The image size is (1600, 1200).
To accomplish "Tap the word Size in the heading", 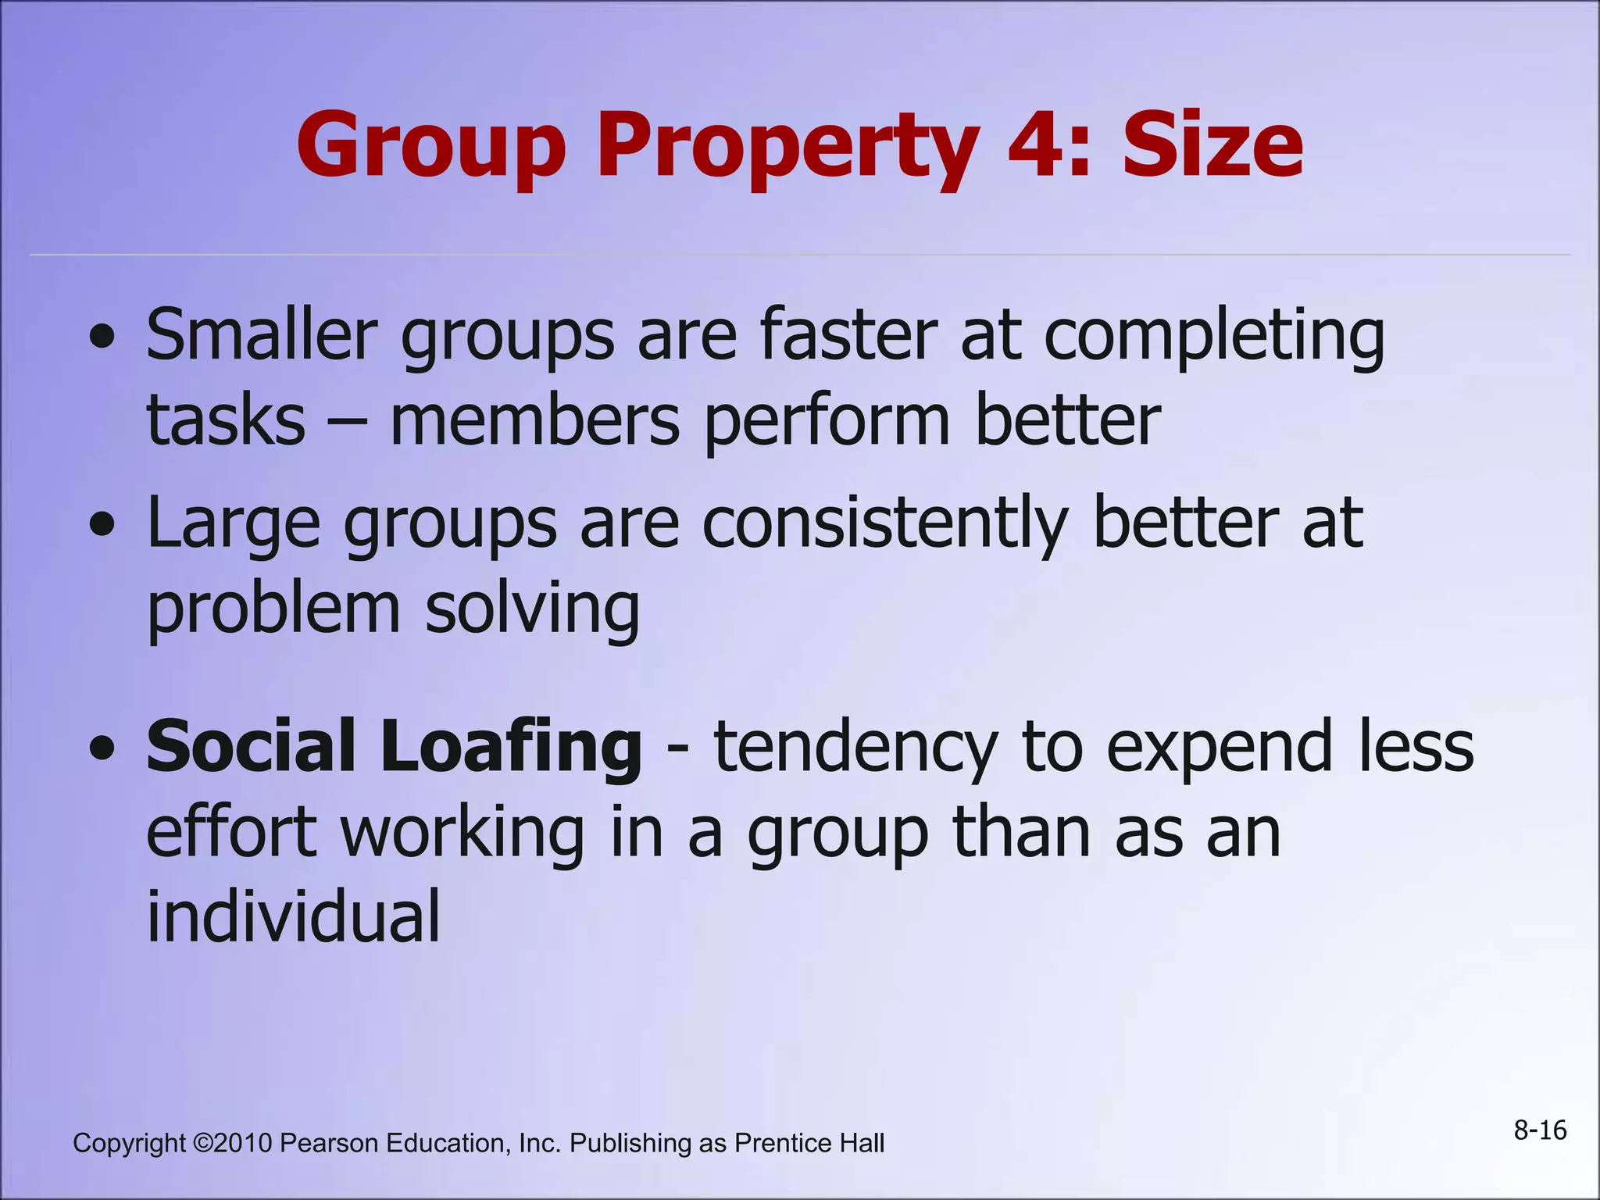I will click(1212, 145).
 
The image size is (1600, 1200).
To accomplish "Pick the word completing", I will click(1214, 337).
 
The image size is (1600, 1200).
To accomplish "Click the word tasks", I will click(226, 420).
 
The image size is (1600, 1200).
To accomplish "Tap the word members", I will click(534, 420).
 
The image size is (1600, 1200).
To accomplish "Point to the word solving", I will click(532, 609).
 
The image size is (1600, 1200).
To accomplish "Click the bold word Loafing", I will click(511, 747).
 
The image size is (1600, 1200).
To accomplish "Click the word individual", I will click(294, 916).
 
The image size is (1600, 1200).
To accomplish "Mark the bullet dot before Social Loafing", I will click(102, 748).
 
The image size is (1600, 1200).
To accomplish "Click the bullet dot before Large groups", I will click(102, 525).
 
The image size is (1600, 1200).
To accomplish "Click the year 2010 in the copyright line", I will click(243, 1143).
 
